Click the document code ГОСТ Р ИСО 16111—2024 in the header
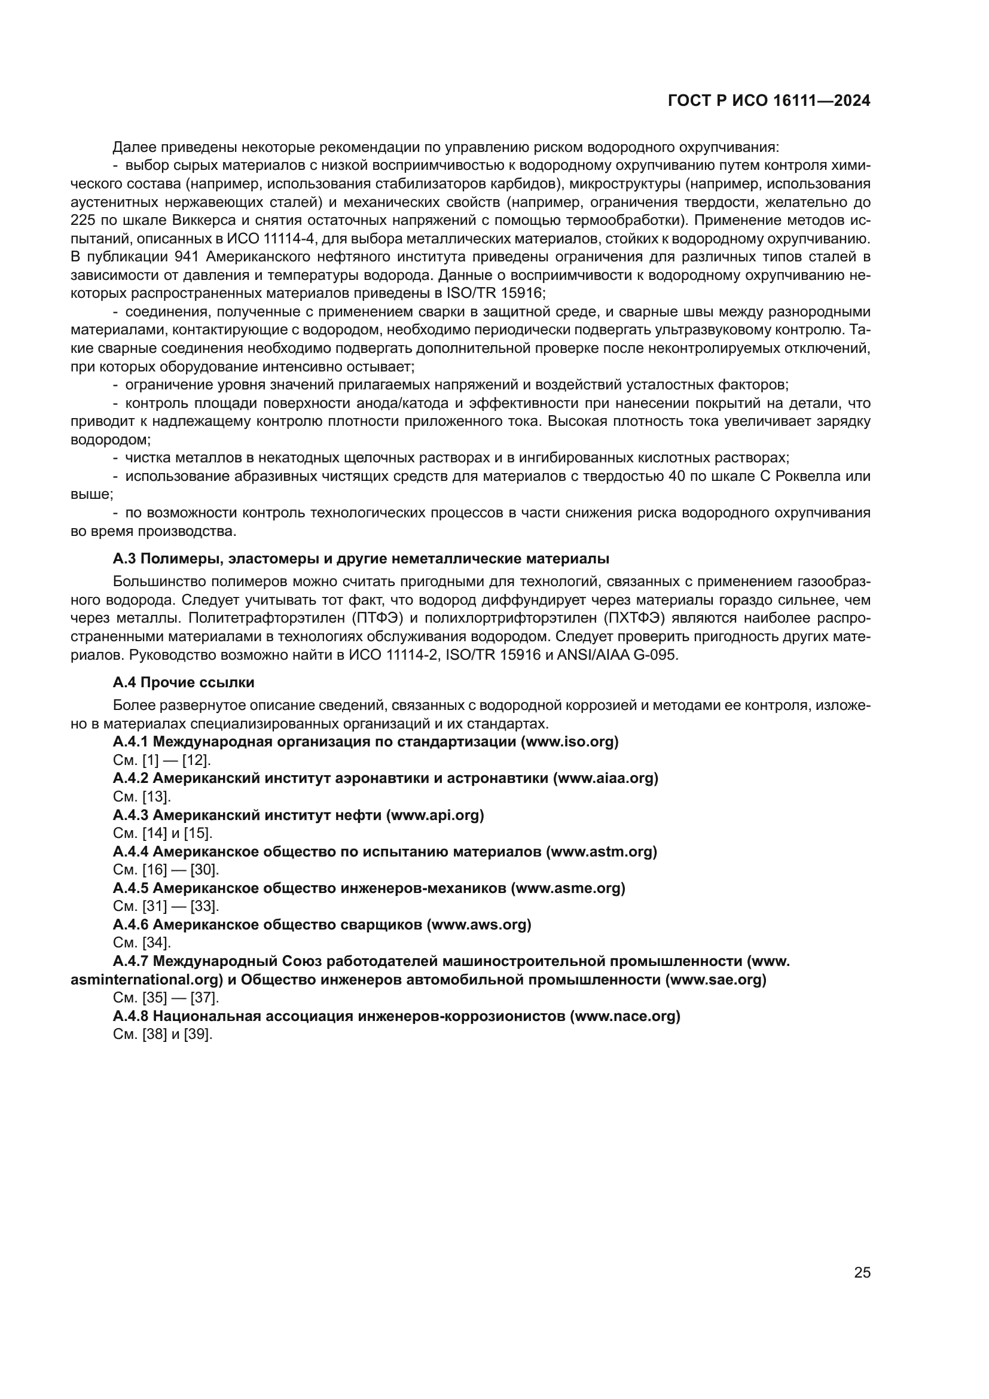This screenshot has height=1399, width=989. point(768,101)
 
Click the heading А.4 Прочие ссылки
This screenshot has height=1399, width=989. point(184,682)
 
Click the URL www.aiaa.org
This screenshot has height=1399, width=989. point(605,778)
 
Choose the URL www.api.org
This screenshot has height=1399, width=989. point(435,815)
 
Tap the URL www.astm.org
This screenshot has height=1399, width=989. point(602,851)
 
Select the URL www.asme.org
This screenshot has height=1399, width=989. point(568,888)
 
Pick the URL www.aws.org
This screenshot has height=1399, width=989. point(479,924)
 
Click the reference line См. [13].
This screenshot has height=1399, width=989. point(142,796)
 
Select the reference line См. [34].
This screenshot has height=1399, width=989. point(142,943)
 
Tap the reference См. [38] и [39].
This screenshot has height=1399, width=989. point(163,1034)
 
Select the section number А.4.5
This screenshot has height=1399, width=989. point(130,888)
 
